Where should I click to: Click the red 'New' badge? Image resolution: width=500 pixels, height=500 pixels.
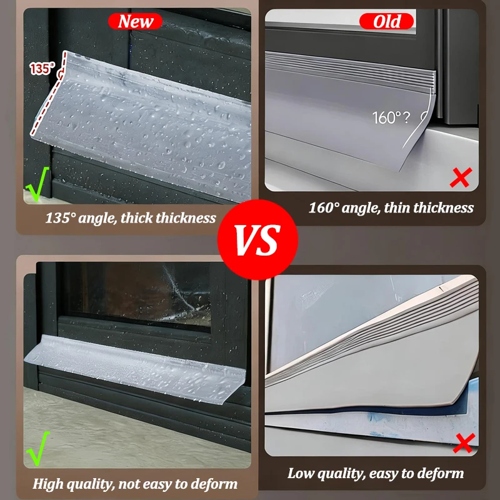(135, 21)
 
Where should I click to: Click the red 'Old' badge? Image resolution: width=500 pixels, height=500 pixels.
(386, 21)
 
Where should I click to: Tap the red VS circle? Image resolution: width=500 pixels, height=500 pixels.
(257, 239)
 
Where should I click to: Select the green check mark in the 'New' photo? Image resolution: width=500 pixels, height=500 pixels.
(37, 184)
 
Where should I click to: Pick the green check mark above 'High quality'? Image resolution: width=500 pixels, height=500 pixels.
(38, 448)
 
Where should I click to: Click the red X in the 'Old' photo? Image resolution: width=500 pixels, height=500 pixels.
(461, 177)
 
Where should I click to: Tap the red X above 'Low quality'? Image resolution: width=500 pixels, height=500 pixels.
(464, 443)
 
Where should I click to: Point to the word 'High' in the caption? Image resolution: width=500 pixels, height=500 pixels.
(46, 484)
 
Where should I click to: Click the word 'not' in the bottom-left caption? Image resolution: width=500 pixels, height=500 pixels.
(128, 484)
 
